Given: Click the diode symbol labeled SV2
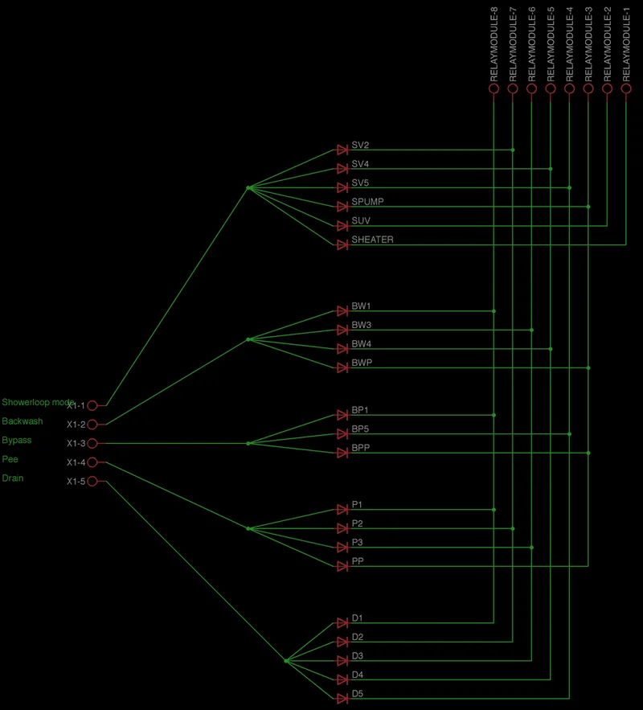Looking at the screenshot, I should click(x=342, y=150).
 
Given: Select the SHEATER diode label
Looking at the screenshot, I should click(x=372, y=240).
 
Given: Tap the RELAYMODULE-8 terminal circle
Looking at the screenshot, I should click(x=494, y=89).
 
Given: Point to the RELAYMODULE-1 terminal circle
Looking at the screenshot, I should click(x=626, y=89).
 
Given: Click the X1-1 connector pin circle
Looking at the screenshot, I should click(x=92, y=406).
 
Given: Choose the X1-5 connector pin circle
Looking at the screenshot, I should click(x=92, y=482).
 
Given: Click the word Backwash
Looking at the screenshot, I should click(x=23, y=421).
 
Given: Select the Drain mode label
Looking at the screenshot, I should click(x=13, y=478).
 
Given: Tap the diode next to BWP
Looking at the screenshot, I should click(x=342, y=367).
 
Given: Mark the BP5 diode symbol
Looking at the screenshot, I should click(x=342, y=434).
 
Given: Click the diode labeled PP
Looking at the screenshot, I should click(x=342, y=566).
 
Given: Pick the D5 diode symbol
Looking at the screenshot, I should click(x=342, y=699).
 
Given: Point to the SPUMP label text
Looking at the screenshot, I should click(x=367, y=202).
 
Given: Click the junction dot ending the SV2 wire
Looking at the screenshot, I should click(x=513, y=150).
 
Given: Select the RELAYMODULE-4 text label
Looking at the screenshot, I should click(x=570, y=43).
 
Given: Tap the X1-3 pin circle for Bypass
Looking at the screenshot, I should click(x=92, y=444).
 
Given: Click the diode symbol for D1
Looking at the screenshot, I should click(x=342, y=623).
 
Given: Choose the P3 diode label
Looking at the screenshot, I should click(x=358, y=543).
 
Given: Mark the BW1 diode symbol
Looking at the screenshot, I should click(x=342, y=311).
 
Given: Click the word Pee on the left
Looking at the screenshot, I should click(x=10, y=459).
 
